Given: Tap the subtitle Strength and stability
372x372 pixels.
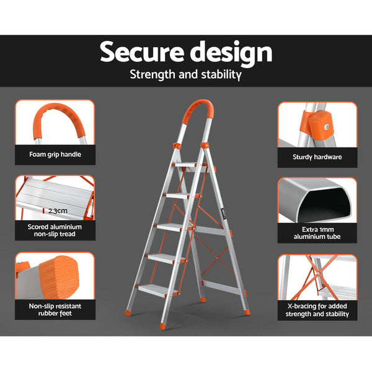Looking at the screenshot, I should (x=185, y=75).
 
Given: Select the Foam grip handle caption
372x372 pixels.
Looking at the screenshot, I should (x=55, y=155).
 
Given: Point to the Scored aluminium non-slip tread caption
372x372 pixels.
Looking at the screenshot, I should (x=55, y=231).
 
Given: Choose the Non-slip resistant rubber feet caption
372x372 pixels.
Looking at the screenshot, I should (x=55, y=310).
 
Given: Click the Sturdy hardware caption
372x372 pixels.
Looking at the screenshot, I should (x=317, y=157).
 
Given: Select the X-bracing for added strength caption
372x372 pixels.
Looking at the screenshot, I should (x=317, y=310).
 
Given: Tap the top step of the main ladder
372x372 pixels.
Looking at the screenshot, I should (x=190, y=166).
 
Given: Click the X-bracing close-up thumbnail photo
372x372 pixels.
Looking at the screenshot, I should (x=317, y=276).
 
